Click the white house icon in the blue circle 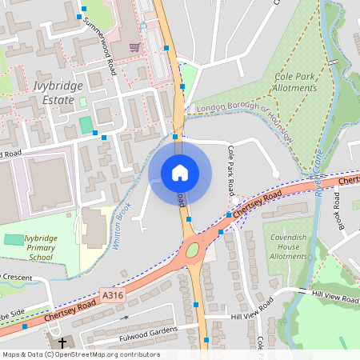pyautogui.click(x=180, y=172)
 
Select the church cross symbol pyautogui.click(x=59, y=342)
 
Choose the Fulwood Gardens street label pyautogui.click(x=146, y=329)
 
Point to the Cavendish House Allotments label pyautogui.click(x=288, y=246)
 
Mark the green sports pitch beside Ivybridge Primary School pyautogui.click(x=14, y=239)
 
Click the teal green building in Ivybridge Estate pyautogui.click(x=86, y=125)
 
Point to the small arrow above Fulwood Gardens pyautogui.click(x=124, y=318)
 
